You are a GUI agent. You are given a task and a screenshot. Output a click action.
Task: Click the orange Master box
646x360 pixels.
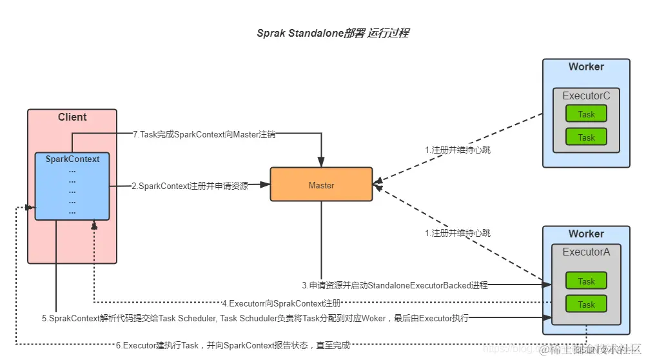click(x=321, y=185)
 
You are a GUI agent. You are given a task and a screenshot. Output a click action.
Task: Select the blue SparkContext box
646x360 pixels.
click(x=72, y=186)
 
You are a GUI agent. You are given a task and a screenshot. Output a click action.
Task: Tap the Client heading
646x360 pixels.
click(x=72, y=117)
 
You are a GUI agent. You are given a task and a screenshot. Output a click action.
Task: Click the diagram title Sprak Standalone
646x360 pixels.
click(x=332, y=34)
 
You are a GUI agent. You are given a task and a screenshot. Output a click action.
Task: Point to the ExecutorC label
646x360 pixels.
click(x=586, y=96)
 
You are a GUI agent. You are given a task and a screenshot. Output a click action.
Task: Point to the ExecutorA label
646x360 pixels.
click(x=586, y=252)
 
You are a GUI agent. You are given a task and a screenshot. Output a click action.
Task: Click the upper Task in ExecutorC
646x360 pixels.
click(x=586, y=114)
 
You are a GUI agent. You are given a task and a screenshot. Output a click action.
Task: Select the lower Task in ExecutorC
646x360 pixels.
click(x=586, y=137)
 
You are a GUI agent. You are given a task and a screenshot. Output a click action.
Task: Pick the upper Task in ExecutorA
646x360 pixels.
click(x=586, y=281)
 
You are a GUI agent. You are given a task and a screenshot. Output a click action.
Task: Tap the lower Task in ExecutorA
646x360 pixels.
click(x=586, y=304)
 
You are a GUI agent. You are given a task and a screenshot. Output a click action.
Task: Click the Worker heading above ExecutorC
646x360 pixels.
click(x=586, y=67)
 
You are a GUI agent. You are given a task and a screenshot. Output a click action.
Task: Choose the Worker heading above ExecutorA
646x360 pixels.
click(x=586, y=234)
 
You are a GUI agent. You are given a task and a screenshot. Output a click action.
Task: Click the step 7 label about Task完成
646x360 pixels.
click(x=204, y=134)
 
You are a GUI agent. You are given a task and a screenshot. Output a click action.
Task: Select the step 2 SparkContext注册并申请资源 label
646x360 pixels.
click(x=190, y=186)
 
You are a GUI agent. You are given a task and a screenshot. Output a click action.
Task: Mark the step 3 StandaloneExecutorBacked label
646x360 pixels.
click(x=395, y=285)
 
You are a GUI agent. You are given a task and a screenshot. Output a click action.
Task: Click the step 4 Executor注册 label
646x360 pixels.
click(x=281, y=303)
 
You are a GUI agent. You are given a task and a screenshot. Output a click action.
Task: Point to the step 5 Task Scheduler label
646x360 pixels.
click(x=255, y=318)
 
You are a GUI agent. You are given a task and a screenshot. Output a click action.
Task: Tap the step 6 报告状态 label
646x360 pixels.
click(x=233, y=346)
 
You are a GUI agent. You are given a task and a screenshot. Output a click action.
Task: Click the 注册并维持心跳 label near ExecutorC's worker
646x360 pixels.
click(x=462, y=150)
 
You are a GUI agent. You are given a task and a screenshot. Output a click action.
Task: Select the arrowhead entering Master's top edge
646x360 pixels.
click(x=321, y=164)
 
